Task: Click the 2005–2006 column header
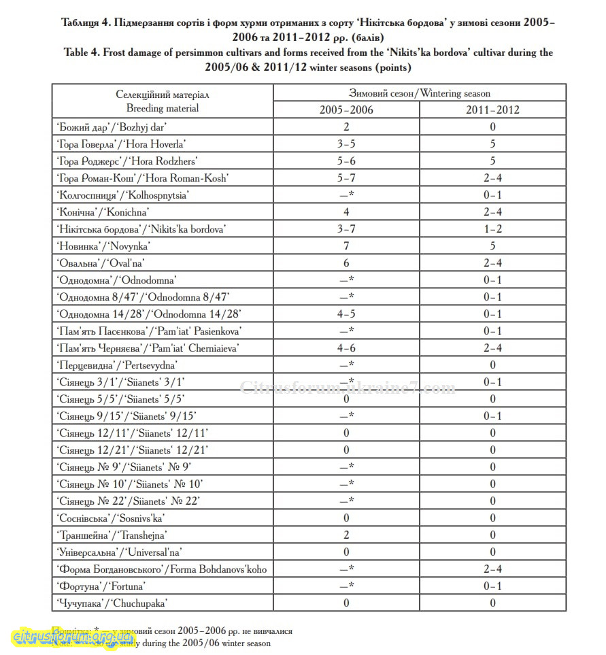(346, 110)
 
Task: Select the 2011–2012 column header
(492, 110)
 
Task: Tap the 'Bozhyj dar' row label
(112, 127)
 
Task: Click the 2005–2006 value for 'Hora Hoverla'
(346, 144)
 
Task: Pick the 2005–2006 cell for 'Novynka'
(346, 246)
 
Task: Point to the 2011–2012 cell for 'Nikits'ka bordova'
(492, 229)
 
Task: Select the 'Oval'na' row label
(101, 263)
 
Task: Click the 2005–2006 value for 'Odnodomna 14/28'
(346, 314)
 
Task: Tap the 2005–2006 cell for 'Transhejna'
(346, 535)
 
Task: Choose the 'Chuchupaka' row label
(112, 603)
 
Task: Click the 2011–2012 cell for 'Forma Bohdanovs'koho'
(492, 569)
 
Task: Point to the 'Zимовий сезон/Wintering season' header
(419, 93)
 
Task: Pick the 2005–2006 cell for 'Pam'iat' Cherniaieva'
(346, 348)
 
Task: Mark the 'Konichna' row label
(103, 212)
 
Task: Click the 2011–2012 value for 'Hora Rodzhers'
(492, 161)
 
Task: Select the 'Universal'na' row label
(120, 552)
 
